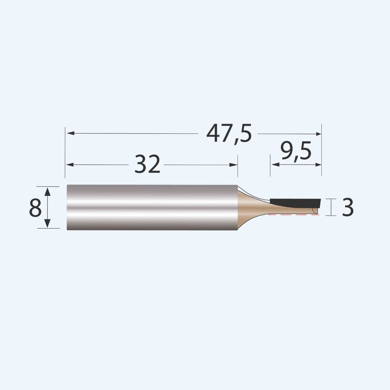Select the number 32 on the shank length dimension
[147, 164]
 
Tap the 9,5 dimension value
[296, 152]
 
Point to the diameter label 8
[35, 208]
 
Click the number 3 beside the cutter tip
[347, 208]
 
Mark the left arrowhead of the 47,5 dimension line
[70, 133]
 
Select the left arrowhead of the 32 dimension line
[70, 165]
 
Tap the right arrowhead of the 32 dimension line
[234, 165]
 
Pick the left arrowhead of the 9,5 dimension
[275, 165]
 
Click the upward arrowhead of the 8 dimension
[47, 191]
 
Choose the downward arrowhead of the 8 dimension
[47, 224]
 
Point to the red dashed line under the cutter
[292, 215]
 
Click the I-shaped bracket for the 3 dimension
[331, 207]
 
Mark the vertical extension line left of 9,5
[270, 166]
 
